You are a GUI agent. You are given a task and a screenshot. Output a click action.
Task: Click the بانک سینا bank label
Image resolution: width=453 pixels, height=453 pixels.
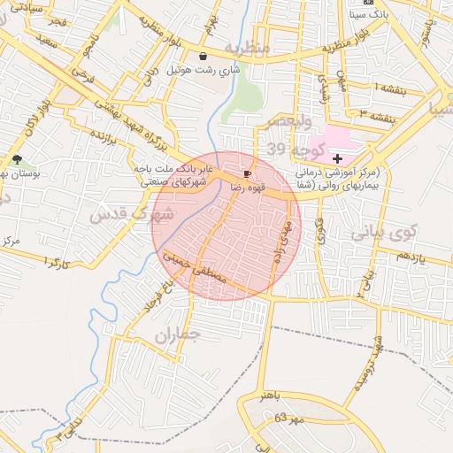369,15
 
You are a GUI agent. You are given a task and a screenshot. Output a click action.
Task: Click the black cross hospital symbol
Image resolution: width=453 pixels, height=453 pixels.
337,157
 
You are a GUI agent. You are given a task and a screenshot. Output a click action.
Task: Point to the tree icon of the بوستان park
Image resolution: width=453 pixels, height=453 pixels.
17,159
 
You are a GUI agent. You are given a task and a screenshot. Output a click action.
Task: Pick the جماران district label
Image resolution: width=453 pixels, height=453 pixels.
178,334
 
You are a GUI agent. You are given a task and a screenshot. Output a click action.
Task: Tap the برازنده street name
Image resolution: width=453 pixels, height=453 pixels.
104,136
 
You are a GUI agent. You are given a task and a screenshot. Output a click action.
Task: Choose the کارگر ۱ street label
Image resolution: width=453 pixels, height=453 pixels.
56,263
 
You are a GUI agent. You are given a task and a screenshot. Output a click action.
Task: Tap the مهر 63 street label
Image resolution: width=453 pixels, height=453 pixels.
289,416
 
